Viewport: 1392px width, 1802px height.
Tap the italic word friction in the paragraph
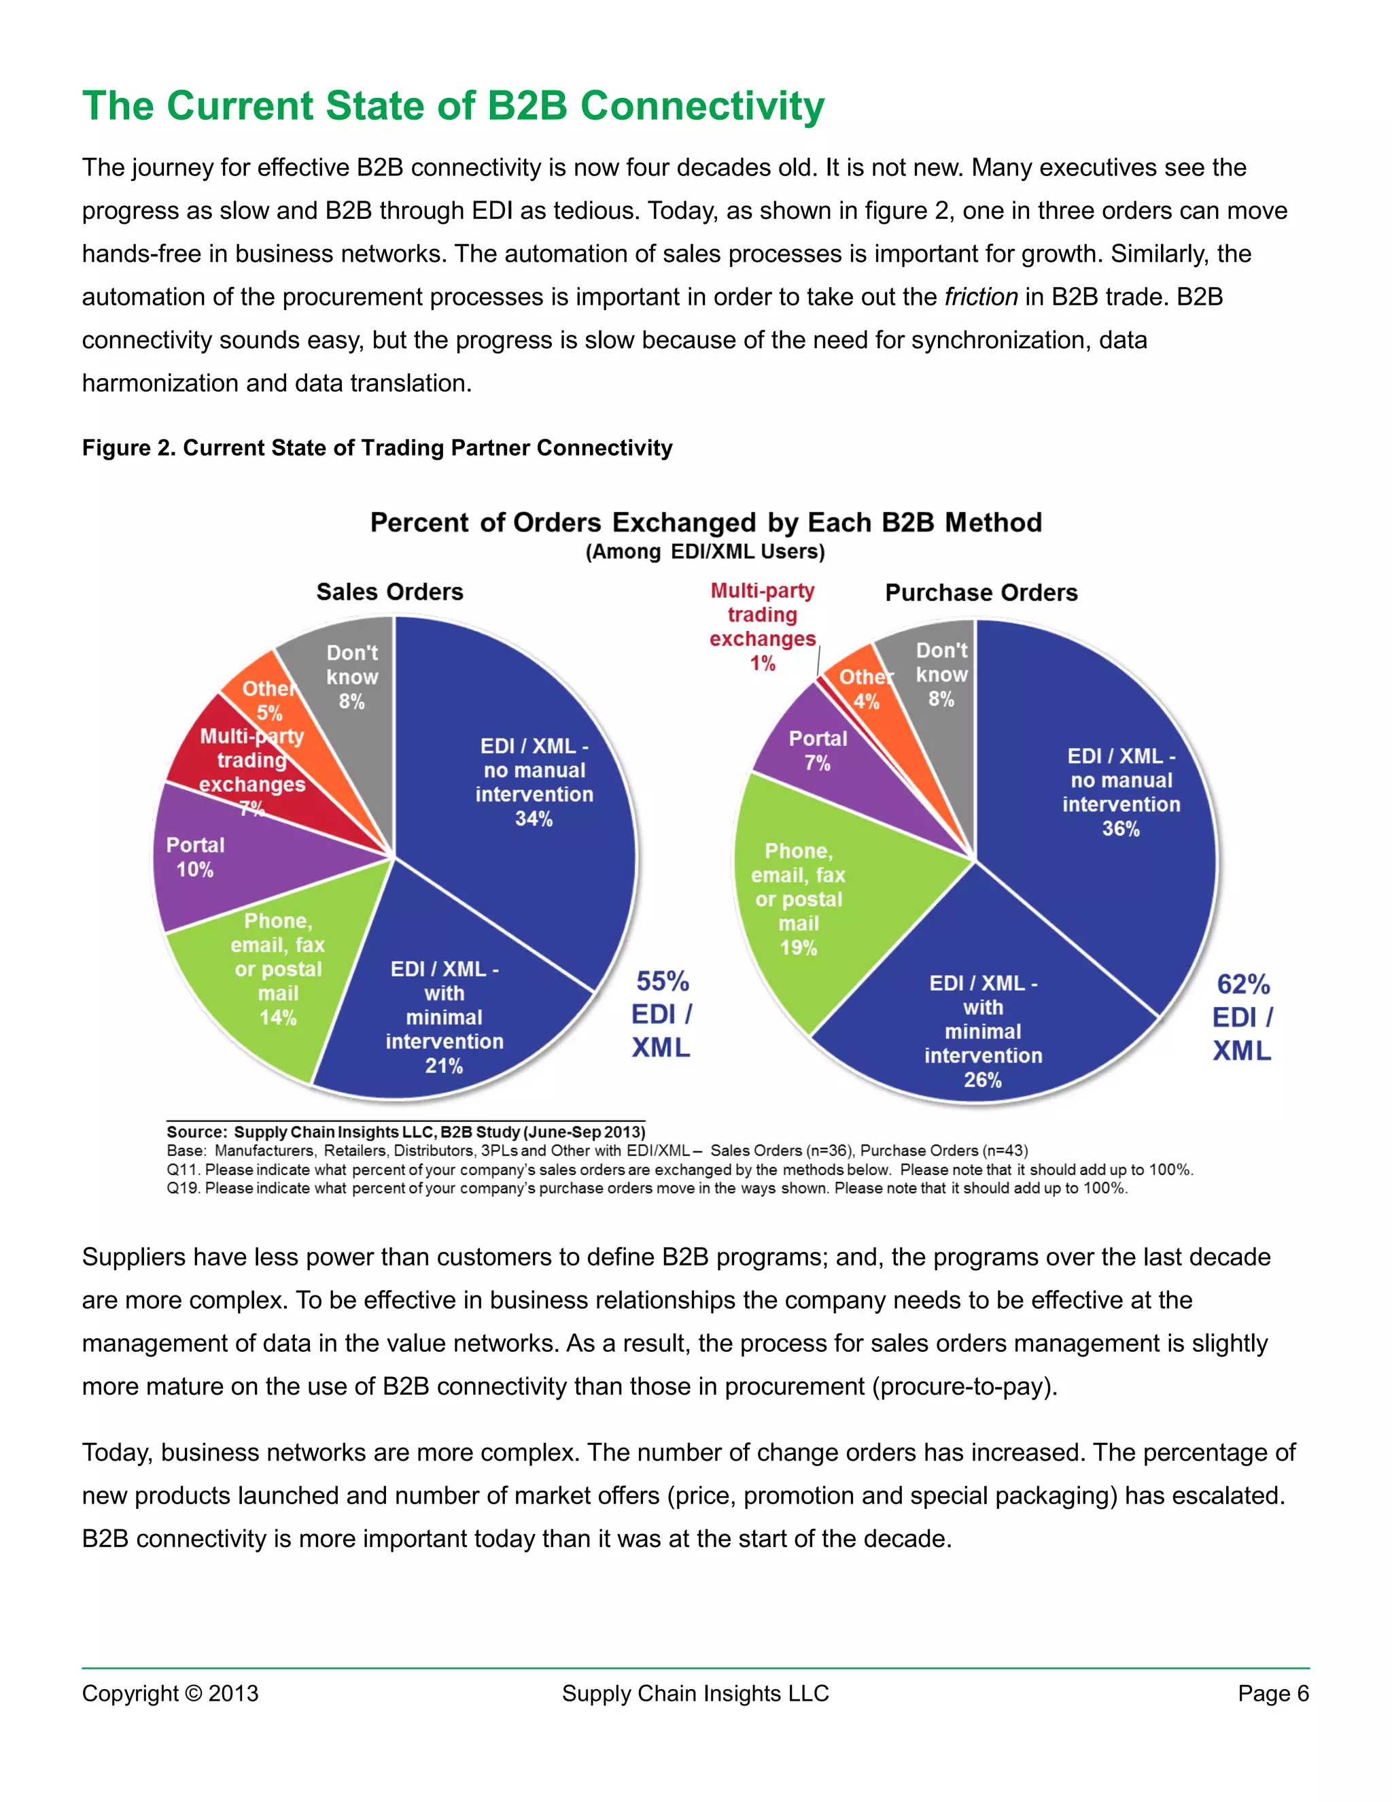tap(981, 297)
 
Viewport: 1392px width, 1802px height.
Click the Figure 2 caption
tap(377, 448)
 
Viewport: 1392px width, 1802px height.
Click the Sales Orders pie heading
tap(389, 592)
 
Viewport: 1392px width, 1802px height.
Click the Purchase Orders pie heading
tap(981, 592)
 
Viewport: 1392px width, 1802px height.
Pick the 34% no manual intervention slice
tap(534, 784)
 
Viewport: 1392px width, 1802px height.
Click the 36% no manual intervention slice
tap(1120, 792)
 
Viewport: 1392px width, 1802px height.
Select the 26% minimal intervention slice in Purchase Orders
tap(982, 1032)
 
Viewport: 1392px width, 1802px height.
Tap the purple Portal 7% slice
tap(816, 750)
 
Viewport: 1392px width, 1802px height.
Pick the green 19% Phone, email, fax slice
tap(798, 900)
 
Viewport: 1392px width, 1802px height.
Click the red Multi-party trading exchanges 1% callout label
tap(763, 627)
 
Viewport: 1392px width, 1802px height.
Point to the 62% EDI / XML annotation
tap(1242, 1017)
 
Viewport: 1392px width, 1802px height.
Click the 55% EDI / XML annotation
tap(661, 1014)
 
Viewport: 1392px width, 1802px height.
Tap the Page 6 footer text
tap(1272, 1693)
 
